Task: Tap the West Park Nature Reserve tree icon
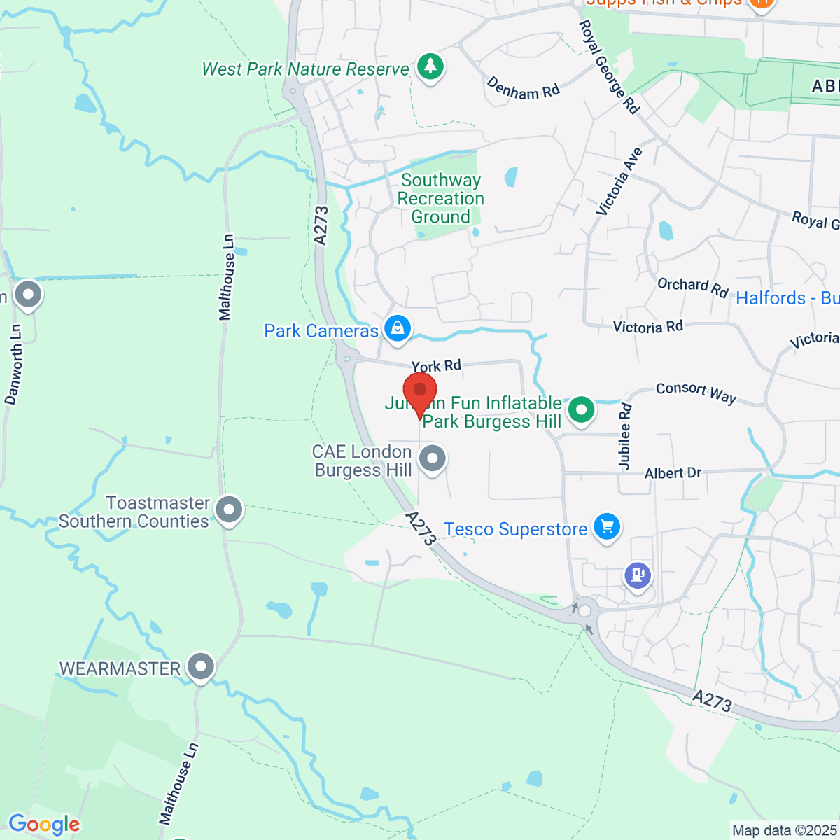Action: [430, 67]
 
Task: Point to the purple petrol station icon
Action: [638, 576]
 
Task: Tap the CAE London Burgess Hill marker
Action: [433, 459]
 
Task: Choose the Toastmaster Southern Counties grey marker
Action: [229, 510]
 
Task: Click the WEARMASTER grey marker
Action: [201, 667]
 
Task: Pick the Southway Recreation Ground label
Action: [440, 199]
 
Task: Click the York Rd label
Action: [436, 365]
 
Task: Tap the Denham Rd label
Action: [524, 89]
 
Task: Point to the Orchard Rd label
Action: [692, 287]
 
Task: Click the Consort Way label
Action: [696, 393]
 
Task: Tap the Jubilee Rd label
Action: [624, 436]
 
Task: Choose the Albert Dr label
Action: [673, 473]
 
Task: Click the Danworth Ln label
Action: [13, 364]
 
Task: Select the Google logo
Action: [44, 825]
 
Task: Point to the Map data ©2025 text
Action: [784, 830]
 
